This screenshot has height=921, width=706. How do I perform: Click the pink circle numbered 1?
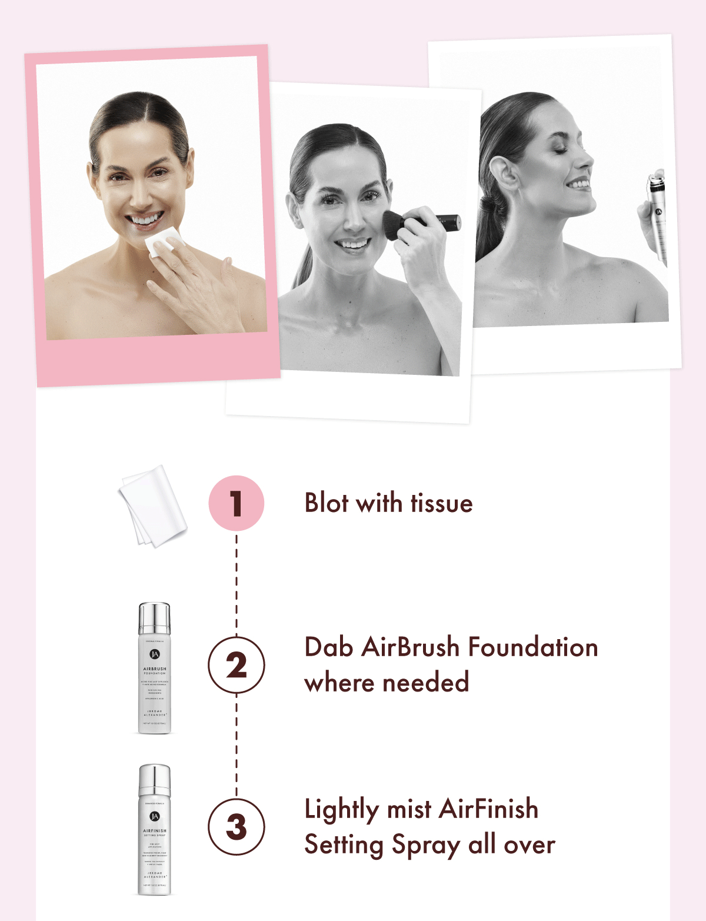coord(237,503)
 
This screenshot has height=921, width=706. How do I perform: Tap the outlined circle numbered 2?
coord(237,665)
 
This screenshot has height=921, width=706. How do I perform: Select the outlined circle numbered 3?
coord(237,827)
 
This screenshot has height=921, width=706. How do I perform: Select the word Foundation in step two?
coord(533,647)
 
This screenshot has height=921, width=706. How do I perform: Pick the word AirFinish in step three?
coord(488,809)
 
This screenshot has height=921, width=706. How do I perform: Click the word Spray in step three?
coord(426,846)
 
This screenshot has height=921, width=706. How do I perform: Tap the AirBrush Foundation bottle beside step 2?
coord(155,668)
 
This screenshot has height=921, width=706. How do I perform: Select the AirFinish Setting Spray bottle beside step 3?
coord(155,830)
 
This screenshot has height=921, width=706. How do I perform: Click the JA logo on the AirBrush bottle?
coord(155,654)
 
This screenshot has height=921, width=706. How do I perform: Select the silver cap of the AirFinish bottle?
coord(155,780)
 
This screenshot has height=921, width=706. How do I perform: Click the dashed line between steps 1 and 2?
coord(237,583)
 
